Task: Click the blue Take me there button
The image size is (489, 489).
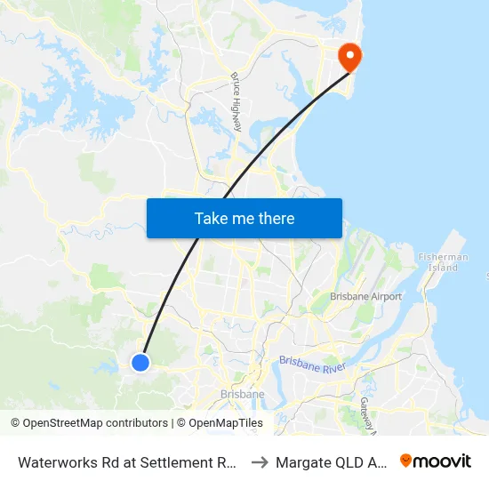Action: point(244,218)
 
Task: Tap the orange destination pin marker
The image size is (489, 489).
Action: point(349,57)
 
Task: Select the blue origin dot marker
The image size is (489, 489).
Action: point(140,362)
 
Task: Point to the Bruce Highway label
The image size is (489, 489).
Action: point(236,102)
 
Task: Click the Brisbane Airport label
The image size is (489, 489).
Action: point(365,297)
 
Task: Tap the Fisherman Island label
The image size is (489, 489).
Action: point(443,262)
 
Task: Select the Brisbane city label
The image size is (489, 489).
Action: point(241,394)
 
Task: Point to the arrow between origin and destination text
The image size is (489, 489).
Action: point(260,462)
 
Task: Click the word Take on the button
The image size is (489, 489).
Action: point(212,218)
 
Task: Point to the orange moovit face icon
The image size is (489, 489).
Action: point(406,461)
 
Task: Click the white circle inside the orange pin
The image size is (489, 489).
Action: point(349,53)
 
